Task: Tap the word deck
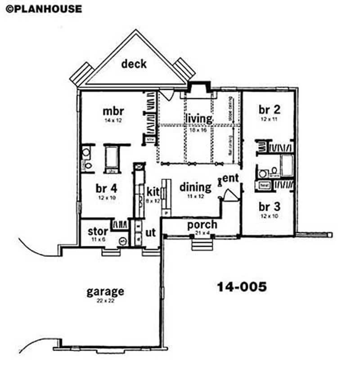pos(134,64)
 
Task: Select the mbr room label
pos(113,111)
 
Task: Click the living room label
pos(198,118)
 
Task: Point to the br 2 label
pos(269,110)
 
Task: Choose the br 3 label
pos(269,207)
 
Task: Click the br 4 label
pos(106,187)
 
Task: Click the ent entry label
pos(231,178)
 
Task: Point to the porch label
pos(202,224)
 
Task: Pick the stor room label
pos(98,232)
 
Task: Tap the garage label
pos(105,291)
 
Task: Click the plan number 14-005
pos(242,286)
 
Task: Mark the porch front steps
pos(202,245)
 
